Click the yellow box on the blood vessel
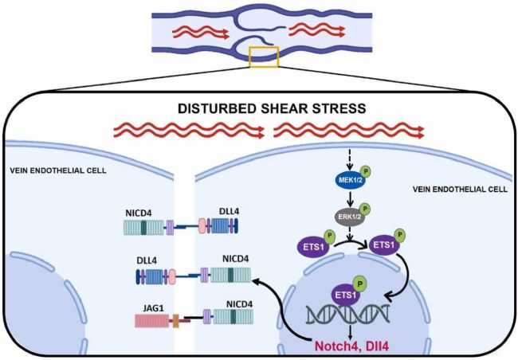(x=264, y=57)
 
